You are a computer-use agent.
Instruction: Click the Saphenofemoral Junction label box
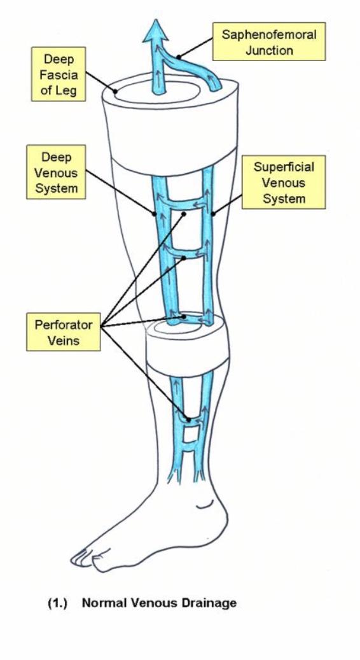(269, 41)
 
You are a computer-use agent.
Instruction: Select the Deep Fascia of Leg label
(59, 74)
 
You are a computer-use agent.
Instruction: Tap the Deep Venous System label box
(56, 172)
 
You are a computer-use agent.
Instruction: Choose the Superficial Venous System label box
(284, 182)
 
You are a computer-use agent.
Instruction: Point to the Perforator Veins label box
(64, 332)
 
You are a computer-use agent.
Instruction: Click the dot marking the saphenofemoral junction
(179, 56)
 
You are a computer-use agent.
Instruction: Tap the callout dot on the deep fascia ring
(115, 90)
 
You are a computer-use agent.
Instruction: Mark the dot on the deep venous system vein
(155, 213)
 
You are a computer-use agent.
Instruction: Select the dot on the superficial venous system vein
(213, 214)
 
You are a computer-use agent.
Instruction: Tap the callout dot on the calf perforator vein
(189, 419)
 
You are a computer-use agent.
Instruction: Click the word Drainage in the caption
(209, 603)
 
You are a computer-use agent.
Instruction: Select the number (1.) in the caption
(58, 603)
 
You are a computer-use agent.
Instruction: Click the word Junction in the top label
(269, 50)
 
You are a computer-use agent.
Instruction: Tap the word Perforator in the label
(63, 325)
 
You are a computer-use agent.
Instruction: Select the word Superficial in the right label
(284, 167)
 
